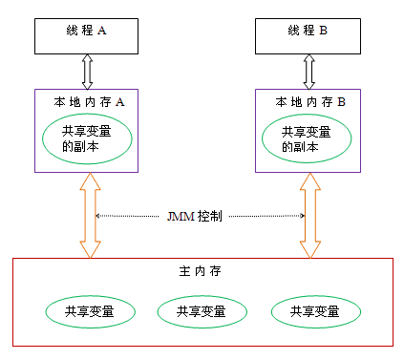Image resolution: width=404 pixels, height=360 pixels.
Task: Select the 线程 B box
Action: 308,32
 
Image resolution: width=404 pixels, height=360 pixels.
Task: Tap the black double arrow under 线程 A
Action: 86,71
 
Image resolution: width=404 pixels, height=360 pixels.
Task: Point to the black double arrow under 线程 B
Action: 308,71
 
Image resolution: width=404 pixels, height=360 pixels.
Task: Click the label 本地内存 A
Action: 86,101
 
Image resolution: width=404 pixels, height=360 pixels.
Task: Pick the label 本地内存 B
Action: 309,101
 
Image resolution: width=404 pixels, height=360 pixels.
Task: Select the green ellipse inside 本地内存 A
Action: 86,139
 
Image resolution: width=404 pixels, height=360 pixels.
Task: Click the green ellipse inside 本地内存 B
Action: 308,140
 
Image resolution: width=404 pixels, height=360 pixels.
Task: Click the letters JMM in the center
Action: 179,217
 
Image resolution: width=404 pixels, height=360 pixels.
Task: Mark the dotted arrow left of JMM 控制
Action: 129,217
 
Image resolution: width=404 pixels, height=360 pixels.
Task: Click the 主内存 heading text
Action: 199,272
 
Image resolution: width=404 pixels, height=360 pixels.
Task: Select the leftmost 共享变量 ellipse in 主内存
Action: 87,311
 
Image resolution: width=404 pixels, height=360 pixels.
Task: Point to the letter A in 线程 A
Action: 102,31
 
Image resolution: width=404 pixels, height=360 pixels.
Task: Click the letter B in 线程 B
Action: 323,31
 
